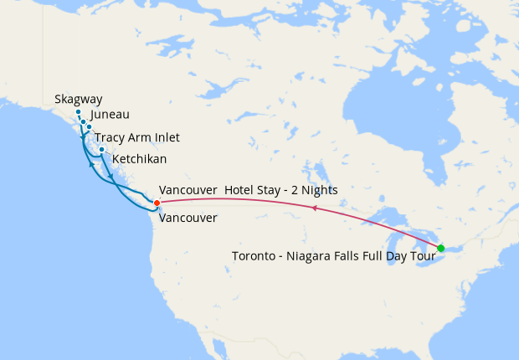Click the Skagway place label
(x=79, y=99)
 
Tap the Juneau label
(x=110, y=116)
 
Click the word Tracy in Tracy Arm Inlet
(x=109, y=137)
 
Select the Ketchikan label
(x=139, y=158)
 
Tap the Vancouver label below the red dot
(x=188, y=218)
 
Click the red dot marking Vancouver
(x=157, y=203)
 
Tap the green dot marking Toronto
(x=440, y=247)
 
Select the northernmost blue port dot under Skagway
(x=78, y=112)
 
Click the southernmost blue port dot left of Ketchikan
(x=101, y=150)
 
